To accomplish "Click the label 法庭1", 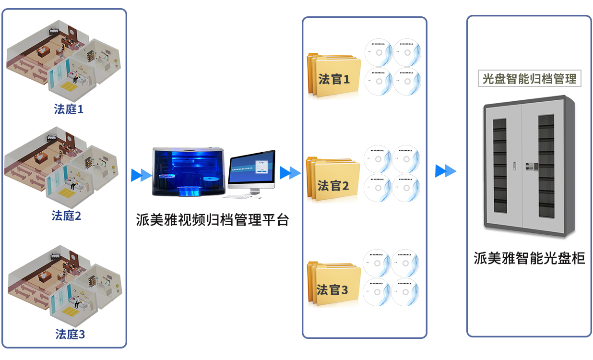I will (x=69, y=109).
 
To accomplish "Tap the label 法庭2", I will (x=66, y=216).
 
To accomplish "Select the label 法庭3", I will (x=70, y=334).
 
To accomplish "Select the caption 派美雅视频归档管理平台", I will (x=213, y=220).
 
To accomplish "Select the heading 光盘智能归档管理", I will (x=529, y=79).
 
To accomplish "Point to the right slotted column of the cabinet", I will (x=546, y=166).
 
